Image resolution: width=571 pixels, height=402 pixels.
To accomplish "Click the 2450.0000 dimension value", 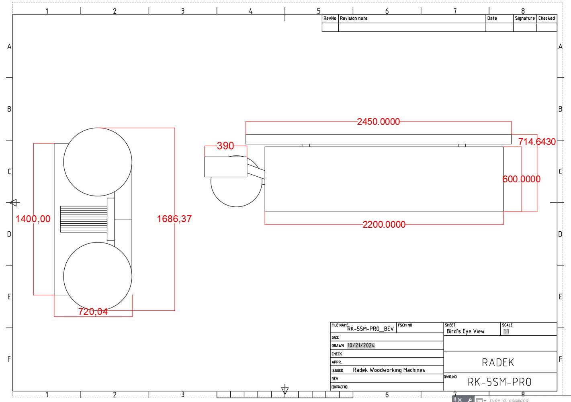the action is pos(378,122).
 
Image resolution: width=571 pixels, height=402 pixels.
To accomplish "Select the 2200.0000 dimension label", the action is pos(384,224).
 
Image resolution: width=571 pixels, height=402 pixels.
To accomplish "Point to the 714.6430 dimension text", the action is pos(537,142).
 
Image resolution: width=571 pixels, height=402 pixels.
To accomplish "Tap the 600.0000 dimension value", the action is pos(521,179).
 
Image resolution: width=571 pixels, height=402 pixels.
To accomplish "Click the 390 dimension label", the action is pos(225,146).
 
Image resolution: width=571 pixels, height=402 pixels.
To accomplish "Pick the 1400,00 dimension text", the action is pos(33,219).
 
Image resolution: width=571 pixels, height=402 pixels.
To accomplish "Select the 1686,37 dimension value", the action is pos(174,219).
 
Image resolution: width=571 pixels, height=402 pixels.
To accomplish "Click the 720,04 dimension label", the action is pos(93,312).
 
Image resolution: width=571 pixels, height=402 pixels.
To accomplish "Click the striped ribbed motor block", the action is pos(84,219).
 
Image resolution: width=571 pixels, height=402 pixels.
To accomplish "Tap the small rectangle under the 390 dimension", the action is pos(225,167).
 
